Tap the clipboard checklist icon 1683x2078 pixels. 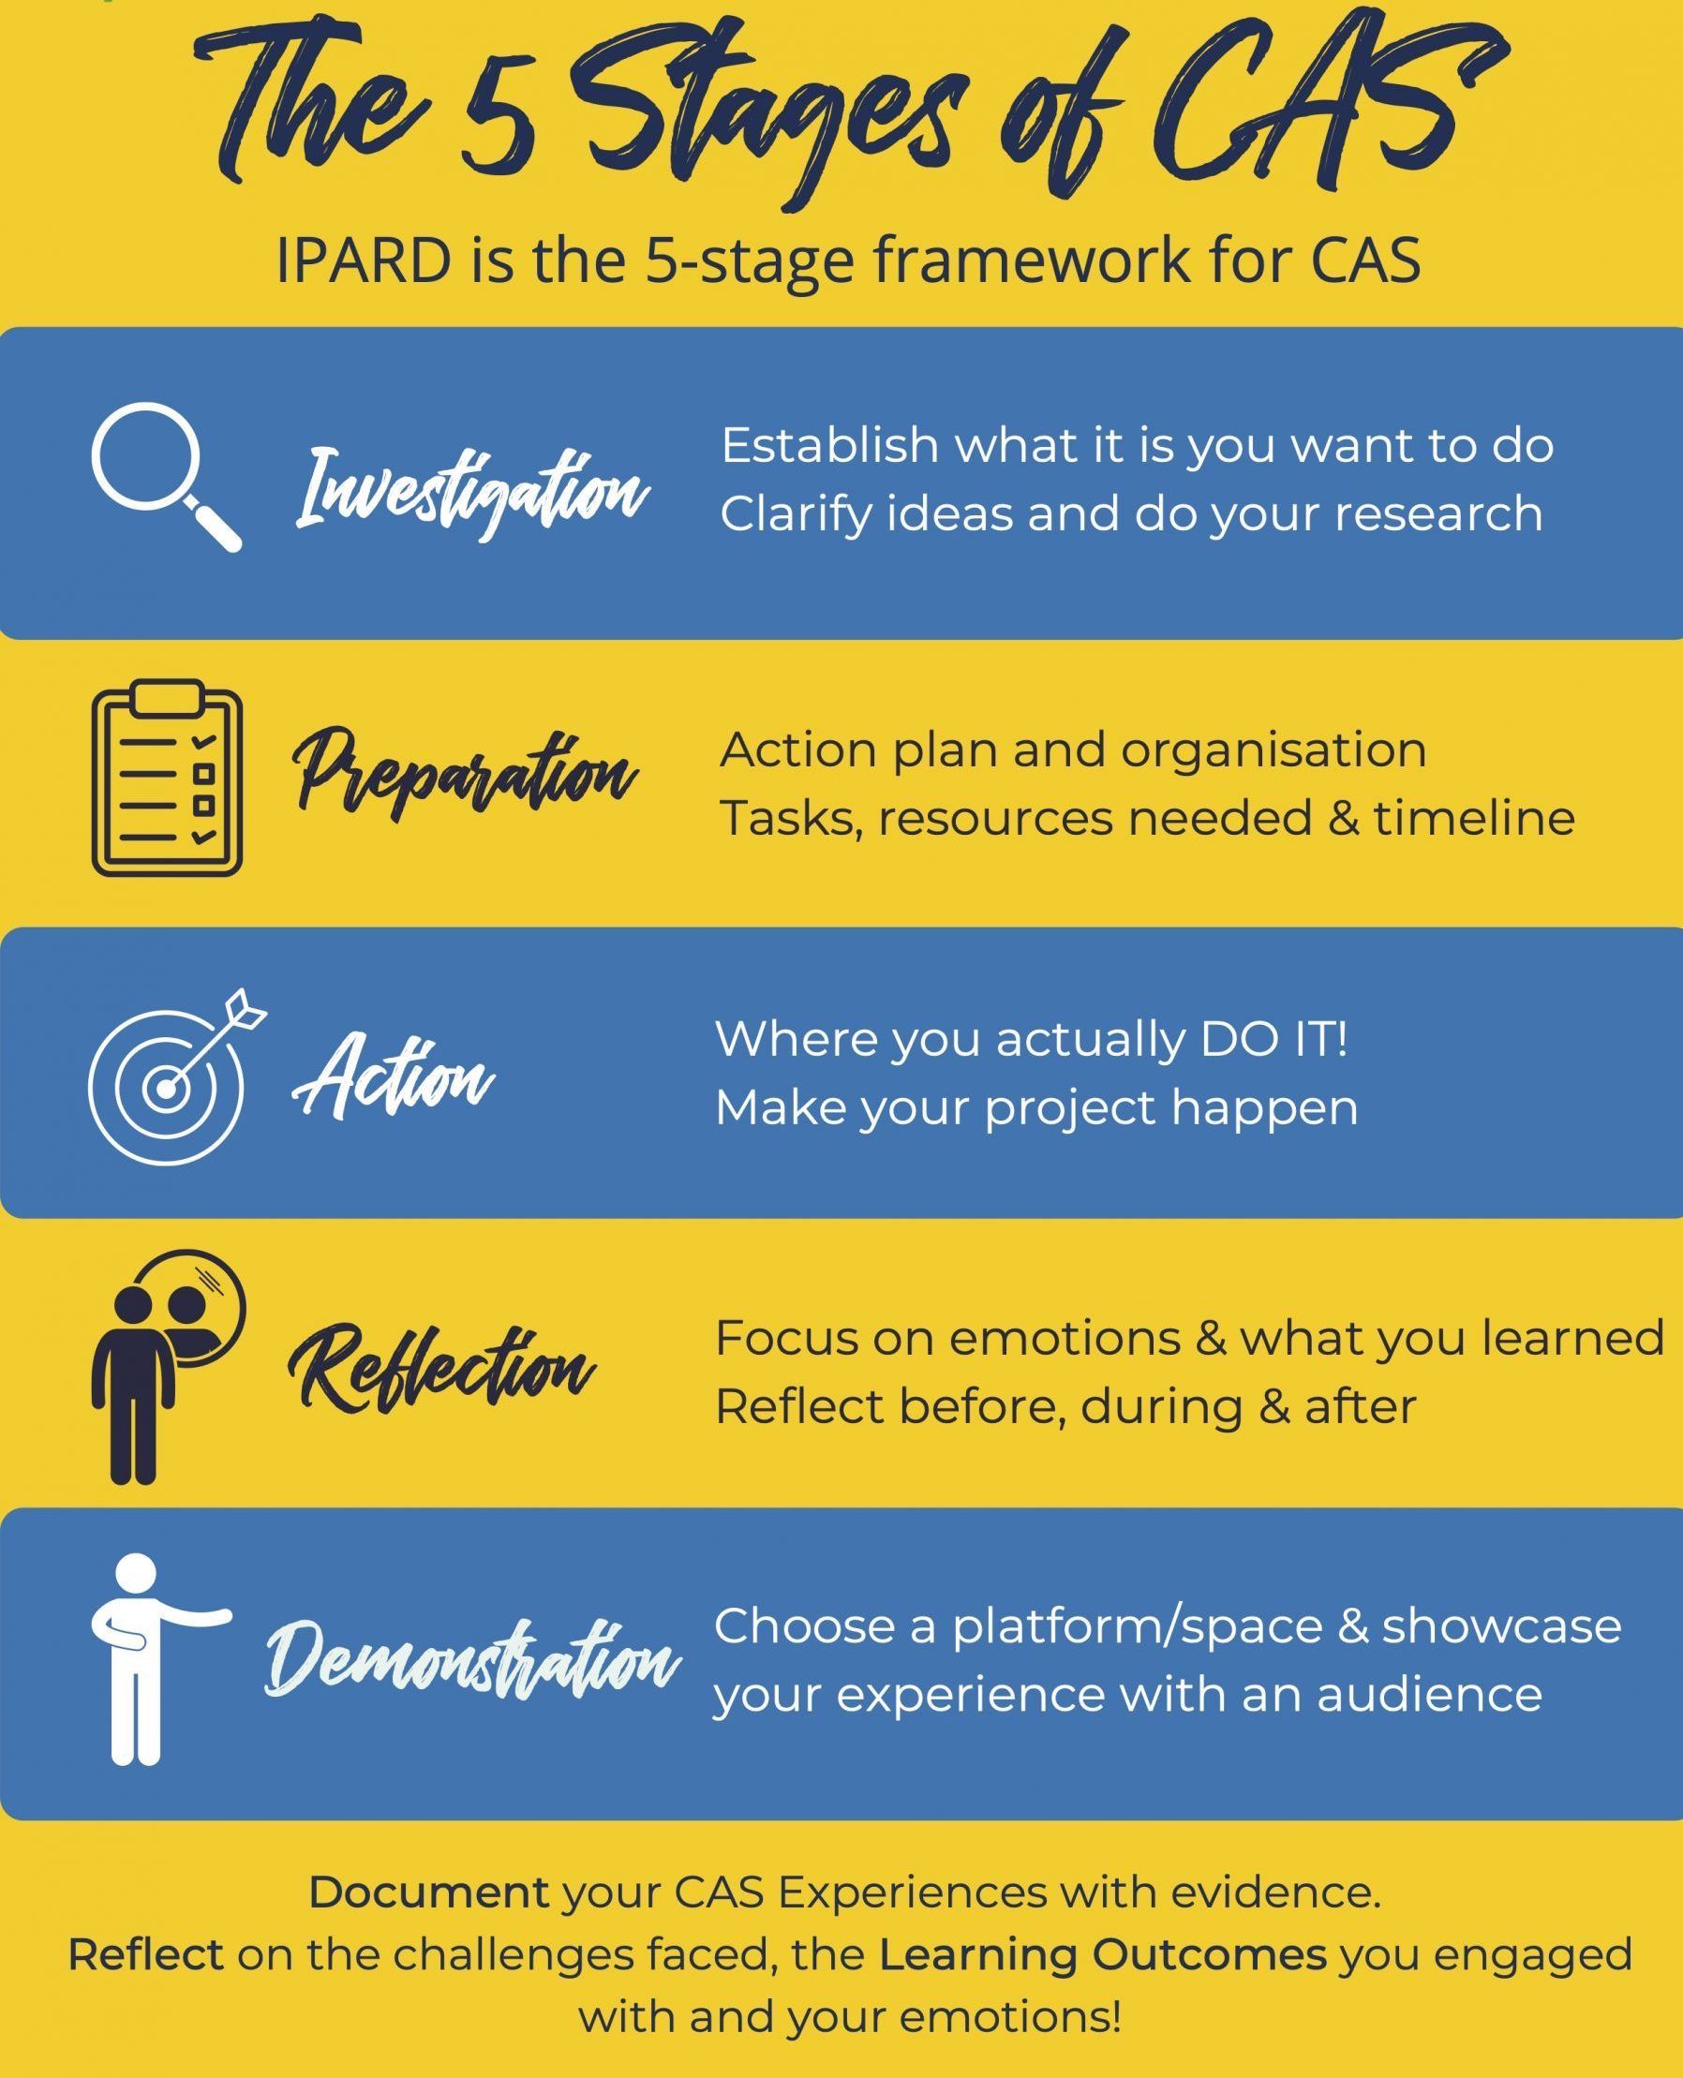167,777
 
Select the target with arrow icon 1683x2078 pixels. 176,1075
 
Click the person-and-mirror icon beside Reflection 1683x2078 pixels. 169,1367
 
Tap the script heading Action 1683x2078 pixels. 393,1074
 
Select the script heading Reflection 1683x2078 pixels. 441,1367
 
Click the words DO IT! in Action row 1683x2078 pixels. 1273,1039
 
